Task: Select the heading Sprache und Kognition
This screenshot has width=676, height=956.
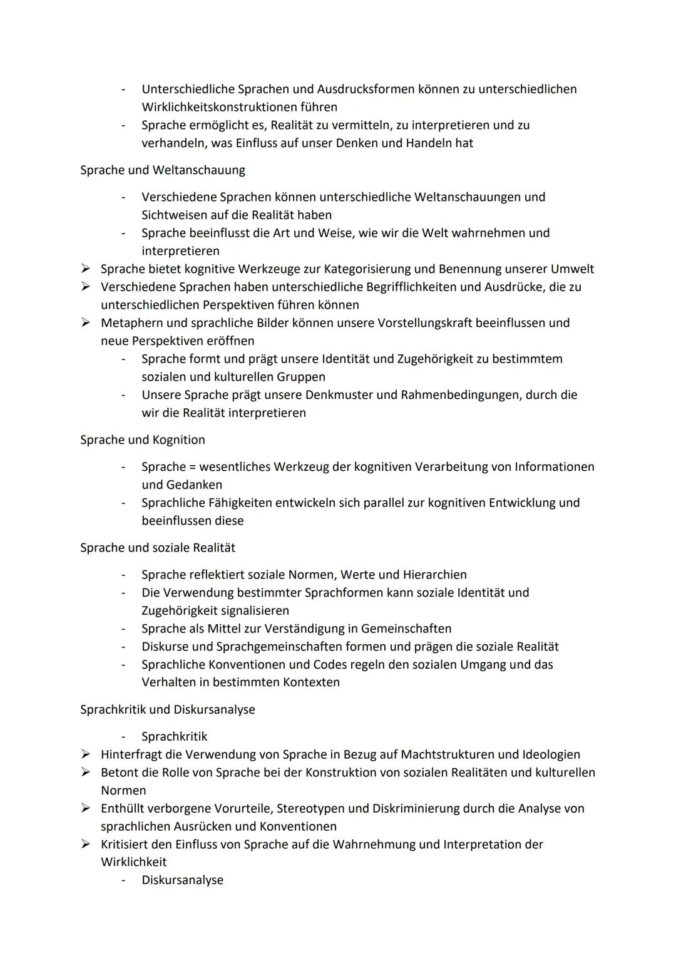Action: tap(143, 440)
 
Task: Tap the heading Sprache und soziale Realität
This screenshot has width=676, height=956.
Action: tap(158, 548)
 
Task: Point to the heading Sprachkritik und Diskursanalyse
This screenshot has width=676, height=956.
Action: tap(168, 710)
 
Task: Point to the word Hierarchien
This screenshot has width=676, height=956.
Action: tap(434, 575)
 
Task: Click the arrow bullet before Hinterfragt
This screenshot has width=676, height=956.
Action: tap(86, 754)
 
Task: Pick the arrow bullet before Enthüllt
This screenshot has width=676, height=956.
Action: tap(86, 808)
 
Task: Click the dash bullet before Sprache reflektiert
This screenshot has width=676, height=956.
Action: tap(125, 575)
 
